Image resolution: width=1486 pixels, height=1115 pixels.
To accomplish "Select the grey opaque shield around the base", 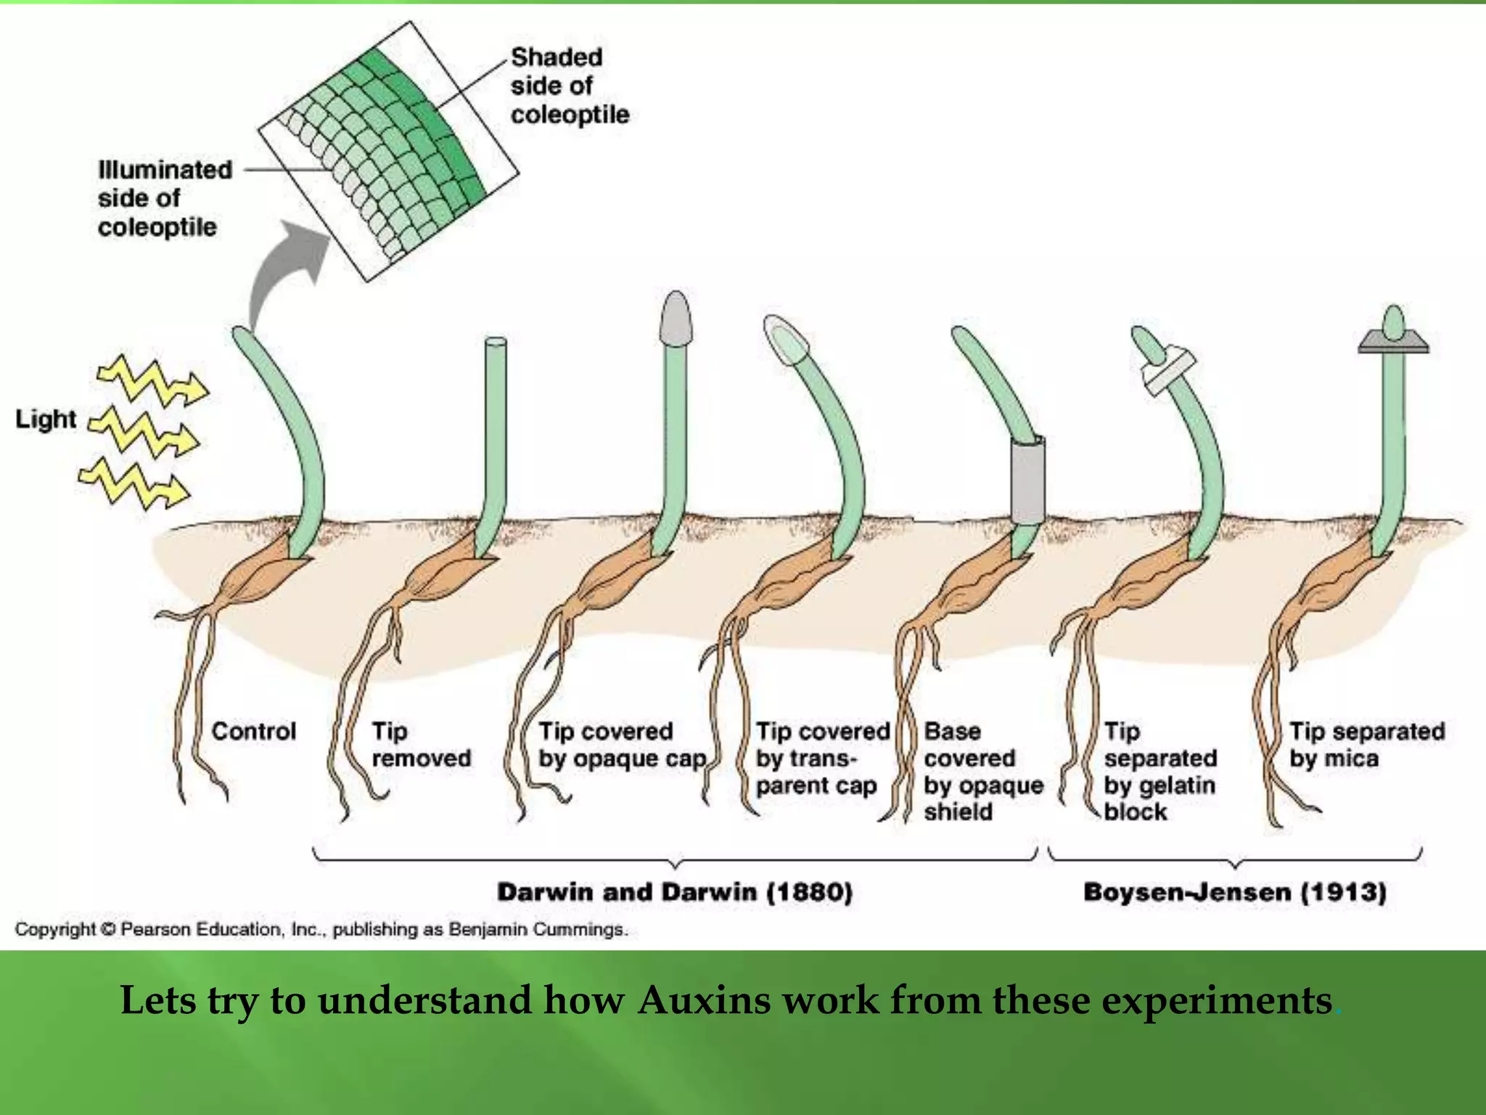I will [x=1027, y=479].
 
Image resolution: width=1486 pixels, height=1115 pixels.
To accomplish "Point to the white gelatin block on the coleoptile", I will [x=1168, y=371].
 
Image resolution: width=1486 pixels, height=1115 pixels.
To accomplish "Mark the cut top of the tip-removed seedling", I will [x=495, y=341].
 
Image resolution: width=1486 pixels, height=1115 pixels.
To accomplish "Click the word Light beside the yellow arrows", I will [x=46, y=419].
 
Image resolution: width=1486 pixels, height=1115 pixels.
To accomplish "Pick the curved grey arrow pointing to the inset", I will [x=283, y=269].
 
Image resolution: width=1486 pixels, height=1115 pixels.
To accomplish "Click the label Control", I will [x=254, y=731].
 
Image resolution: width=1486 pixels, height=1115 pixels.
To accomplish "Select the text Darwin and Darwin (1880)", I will [x=675, y=891].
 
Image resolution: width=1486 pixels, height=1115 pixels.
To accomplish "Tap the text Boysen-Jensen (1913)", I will [x=1234, y=891].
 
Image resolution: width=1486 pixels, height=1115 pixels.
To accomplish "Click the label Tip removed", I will [x=421, y=745].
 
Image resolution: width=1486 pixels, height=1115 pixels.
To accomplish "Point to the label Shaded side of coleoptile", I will [x=569, y=86].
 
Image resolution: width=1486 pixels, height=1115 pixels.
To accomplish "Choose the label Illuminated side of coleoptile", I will [x=164, y=198].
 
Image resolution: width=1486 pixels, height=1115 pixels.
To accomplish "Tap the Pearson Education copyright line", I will [x=321, y=929].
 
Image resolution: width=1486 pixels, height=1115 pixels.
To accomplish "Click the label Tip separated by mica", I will [x=1366, y=745].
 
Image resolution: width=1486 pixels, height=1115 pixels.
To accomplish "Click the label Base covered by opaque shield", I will [x=983, y=771].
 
